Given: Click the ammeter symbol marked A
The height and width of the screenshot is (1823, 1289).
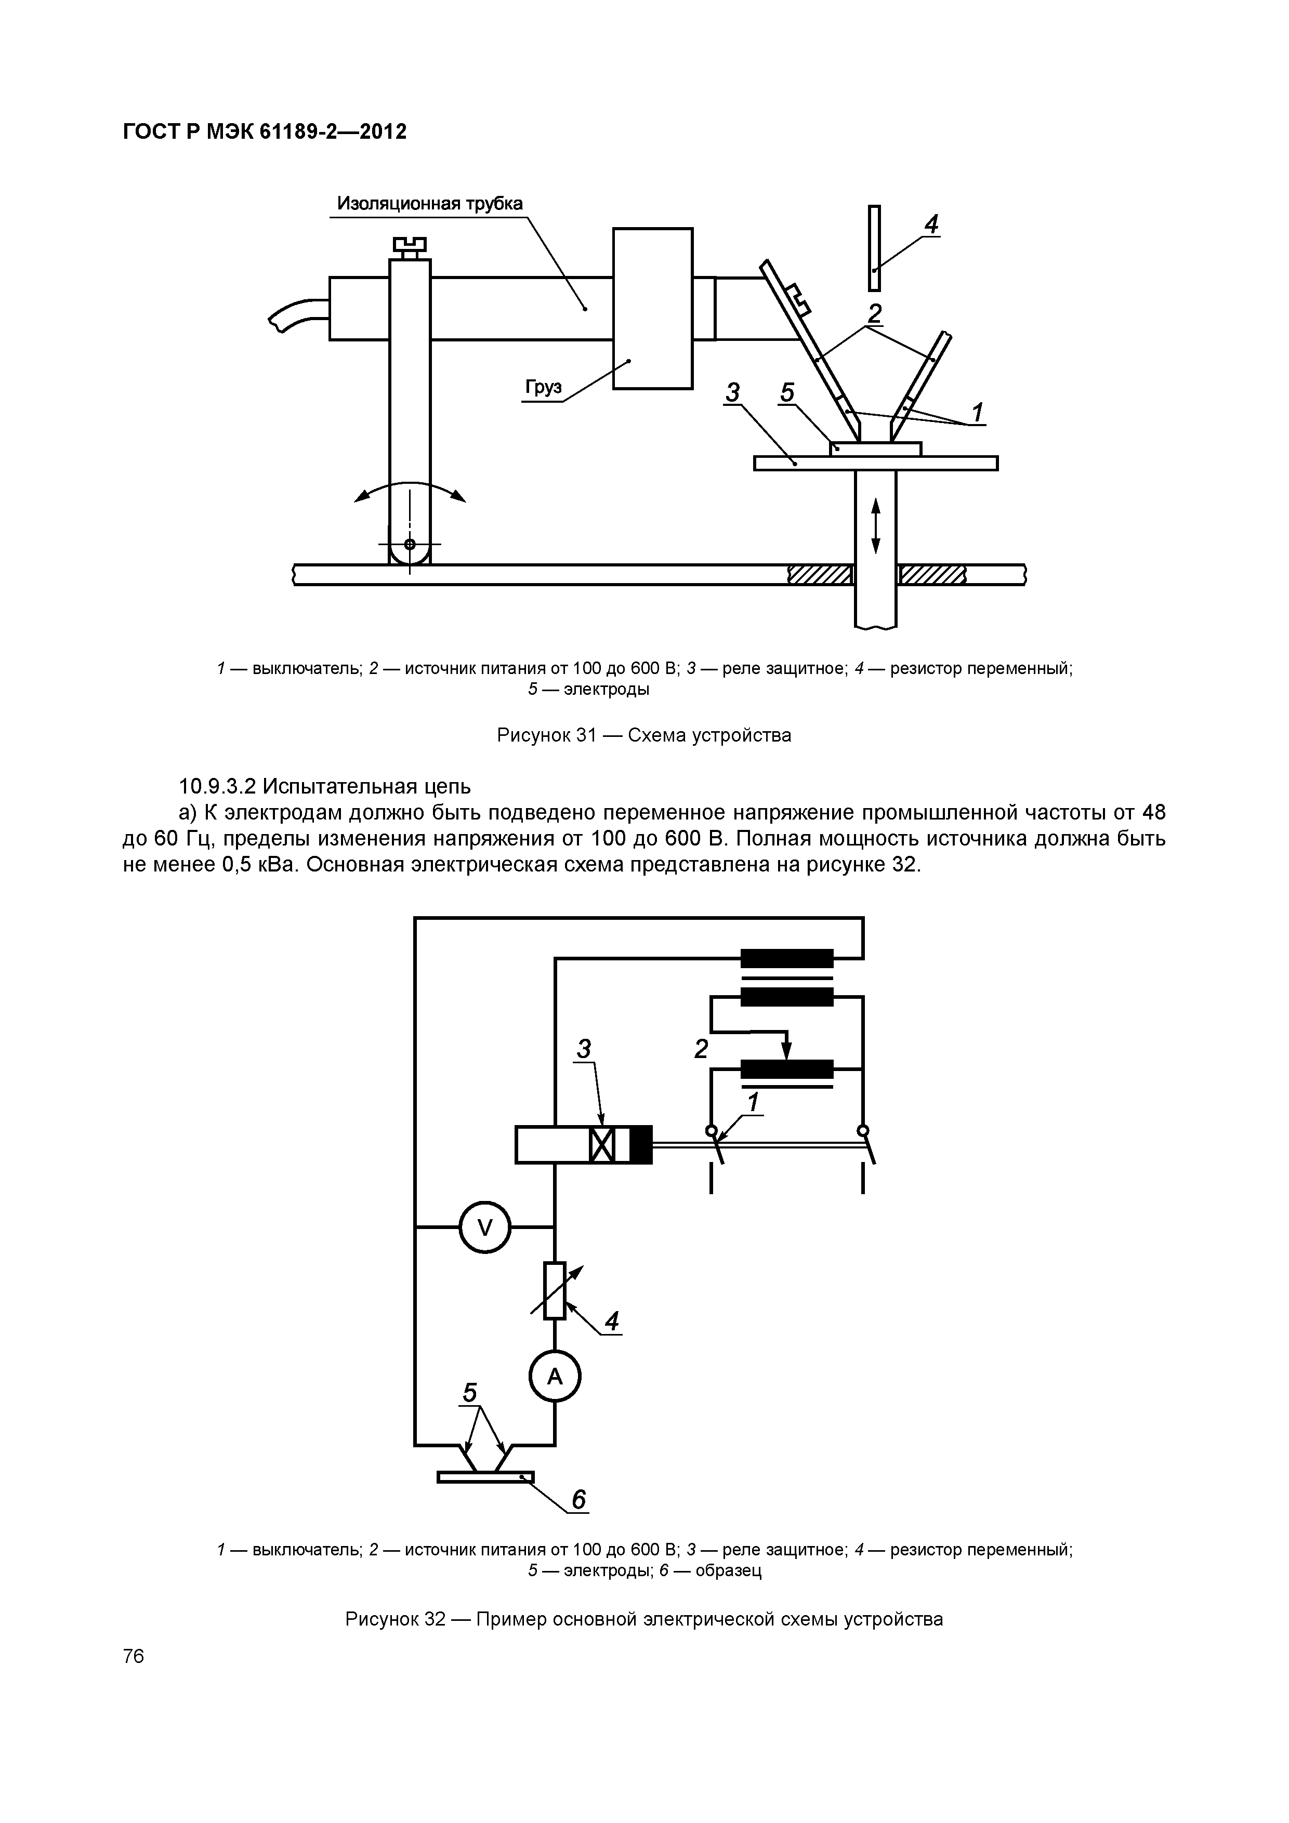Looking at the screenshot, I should click(x=555, y=1377).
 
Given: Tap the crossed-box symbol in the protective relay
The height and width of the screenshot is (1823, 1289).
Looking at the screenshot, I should click(x=602, y=1145).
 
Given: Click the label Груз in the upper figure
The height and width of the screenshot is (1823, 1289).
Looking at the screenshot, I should click(x=543, y=388).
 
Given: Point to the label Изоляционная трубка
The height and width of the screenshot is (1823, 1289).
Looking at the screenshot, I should click(x=430, y=203).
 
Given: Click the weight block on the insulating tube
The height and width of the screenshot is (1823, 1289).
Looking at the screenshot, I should click(x=653, y=308).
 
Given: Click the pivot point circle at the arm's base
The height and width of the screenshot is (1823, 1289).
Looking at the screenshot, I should click(x=410, y=545).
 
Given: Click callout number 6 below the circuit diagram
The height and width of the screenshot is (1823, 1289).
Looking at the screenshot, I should click(x=578, y=1500).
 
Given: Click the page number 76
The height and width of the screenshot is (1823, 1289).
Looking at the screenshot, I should click(x=134, y=1656).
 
